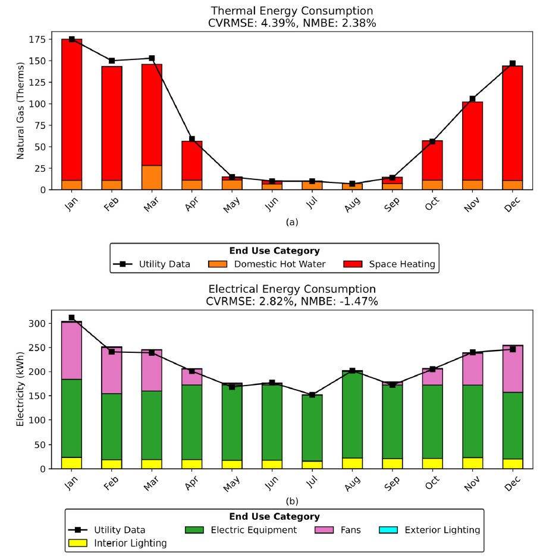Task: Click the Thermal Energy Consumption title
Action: click(x=292, y=11)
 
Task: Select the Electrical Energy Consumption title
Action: click(x=292, y=289)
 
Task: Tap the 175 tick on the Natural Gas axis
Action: click(x=37, y=39)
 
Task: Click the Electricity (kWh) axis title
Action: click(x=20, y=390)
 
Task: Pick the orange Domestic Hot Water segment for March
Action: click(x=152, y=177)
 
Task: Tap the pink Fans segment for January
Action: click(x=72, y=350)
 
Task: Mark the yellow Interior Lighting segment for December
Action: click(x=512, y=463)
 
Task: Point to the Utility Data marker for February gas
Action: click(x=112, y=61)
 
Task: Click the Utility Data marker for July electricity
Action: click(x=312, y=394)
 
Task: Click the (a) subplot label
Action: click(x=291, y=222)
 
